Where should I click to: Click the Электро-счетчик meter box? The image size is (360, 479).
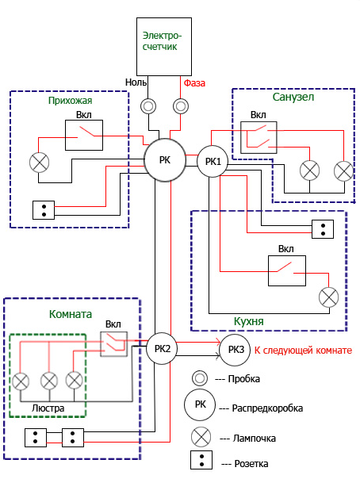tap(164, 47)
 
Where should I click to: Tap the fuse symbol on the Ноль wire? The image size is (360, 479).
tap(148, 106)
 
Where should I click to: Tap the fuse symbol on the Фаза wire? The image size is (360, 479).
tap(181, 106)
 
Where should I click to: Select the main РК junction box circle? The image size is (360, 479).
tap(165, 160)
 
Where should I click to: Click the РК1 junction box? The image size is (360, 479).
tap(213, 161)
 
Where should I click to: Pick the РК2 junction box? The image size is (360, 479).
tap(162, 348)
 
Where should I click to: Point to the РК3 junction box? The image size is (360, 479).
tap(236, 350)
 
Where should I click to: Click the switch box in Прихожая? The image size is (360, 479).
tap(84, 135)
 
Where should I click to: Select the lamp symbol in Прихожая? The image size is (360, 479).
tap(40, 163)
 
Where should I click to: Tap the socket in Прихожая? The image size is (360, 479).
tap(44, 210)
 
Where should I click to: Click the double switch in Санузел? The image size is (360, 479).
tap(259, 137)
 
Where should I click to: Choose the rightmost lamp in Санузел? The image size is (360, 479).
tap(344, 171)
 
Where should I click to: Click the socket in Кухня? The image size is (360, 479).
tap(323, 229)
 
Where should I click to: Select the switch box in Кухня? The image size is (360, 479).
tap(287, 270)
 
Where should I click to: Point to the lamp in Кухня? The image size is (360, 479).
tap(328, 297)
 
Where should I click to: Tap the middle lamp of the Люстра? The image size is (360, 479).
tap(49, 381)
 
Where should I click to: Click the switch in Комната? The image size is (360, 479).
tap(114, 344)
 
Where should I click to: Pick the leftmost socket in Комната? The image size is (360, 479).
tap(36, 438)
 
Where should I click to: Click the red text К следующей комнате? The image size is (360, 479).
tap(303, 350)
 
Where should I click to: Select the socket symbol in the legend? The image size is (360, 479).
tap(201, 460)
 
